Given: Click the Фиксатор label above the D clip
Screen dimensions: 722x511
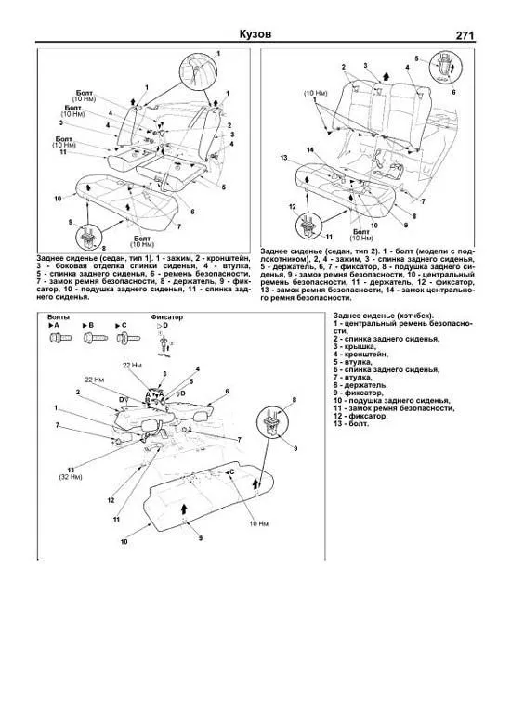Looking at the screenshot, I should [x=167, y=316].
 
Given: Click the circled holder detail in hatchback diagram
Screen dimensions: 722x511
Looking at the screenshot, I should [x=275, y=422].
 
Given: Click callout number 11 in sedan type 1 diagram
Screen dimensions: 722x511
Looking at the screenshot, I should [x=61, y=151].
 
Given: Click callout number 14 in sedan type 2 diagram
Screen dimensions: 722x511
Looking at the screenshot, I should [x=309, y=149].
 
